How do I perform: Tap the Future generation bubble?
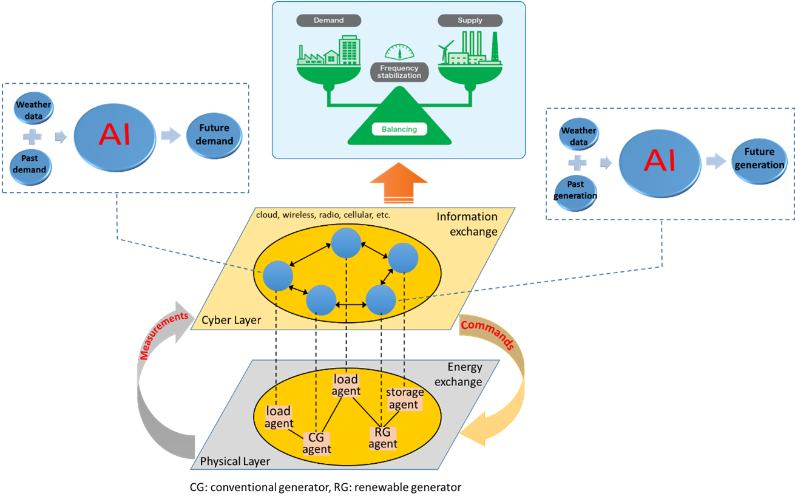pos(759,158)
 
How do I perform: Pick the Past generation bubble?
pos(575,190)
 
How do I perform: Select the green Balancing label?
pos(399,129)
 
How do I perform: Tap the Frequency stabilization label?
pos(399,72)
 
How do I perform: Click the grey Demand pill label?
pos(328,21)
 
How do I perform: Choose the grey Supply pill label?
pos(470,21)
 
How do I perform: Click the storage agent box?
pos(405,398)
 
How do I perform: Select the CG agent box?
pos(316,444)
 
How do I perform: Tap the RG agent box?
pos(383,438)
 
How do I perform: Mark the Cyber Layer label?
pos(231,320)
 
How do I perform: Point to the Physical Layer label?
pos(235,461)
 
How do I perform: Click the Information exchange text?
pos(467,223)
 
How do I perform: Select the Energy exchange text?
pos(464,375)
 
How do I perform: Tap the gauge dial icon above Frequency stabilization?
pos(399,52)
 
